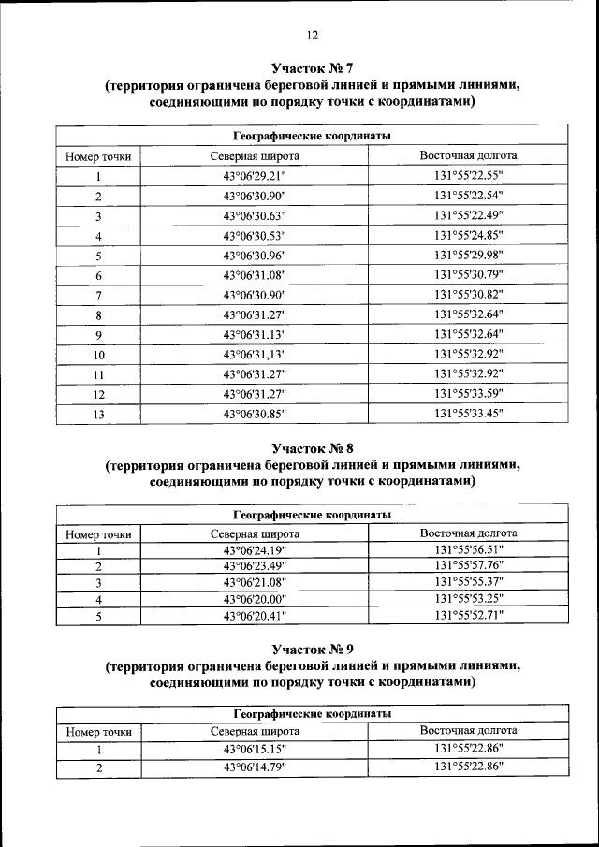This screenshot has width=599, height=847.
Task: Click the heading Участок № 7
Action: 312,67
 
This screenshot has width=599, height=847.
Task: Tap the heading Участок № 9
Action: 312,649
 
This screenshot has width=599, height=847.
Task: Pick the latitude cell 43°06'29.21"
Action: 255,176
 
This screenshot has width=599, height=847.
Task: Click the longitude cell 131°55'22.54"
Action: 469,196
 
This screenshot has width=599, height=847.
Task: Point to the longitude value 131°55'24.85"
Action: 469,235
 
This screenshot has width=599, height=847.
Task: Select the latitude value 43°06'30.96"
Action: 255,255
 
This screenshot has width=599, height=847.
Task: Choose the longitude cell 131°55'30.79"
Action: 469,274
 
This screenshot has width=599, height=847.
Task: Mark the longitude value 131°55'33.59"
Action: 469,392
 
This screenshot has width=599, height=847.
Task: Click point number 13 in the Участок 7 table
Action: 98,413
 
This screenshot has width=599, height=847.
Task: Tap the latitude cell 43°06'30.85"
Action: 255,413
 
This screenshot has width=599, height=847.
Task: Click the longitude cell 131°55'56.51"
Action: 469,549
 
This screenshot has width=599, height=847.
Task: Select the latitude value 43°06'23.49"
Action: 255,565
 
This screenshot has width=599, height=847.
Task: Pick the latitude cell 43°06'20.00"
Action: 255,599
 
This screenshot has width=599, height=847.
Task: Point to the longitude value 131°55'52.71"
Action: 469,616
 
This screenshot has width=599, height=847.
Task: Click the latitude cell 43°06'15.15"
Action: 255,750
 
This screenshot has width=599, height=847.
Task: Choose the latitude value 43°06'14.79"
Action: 255,767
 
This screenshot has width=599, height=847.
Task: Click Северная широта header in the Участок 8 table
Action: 255,533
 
